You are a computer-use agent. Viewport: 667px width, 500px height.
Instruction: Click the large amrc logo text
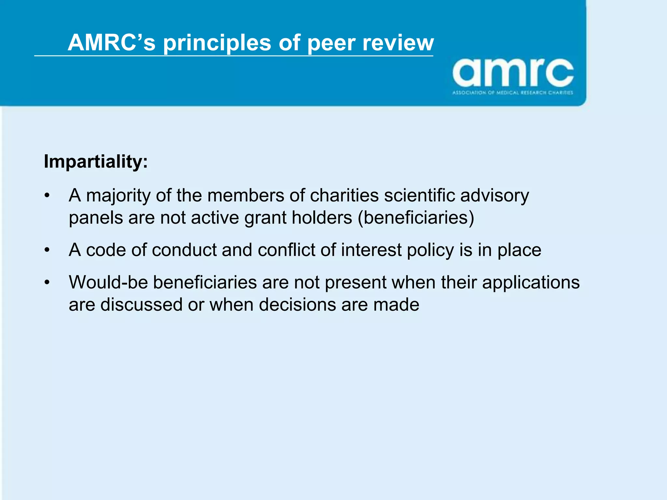click(x=513, y=73)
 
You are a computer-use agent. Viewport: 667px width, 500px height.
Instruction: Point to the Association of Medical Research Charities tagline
click(x=513, y=93)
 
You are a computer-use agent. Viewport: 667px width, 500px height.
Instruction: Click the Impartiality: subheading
click(x=96, y=161)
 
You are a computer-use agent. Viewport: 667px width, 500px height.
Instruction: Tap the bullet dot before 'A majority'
click(x=48, y=196)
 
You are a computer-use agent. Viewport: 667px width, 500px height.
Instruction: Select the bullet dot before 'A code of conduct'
click(x=48, y=250)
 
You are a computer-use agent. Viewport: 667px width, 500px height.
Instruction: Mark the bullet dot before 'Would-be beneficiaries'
click(x=48, y=282)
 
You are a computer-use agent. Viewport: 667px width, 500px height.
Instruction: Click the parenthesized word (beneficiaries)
click(x=416, y=217)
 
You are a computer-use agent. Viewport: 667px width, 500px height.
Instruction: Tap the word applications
click(x=531, y=283)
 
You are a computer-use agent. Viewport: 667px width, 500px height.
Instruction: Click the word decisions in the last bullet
click(x=297, y=305)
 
